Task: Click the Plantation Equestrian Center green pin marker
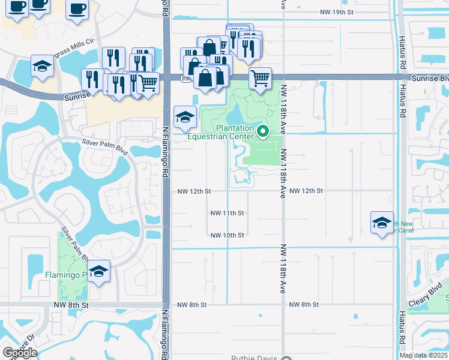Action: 262,131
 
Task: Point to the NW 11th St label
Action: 227,213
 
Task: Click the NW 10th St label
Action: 227,235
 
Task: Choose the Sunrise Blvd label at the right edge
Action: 430,79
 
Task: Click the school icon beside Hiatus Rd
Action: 382,223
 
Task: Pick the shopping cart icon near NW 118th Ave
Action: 260,78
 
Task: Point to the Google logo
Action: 20,353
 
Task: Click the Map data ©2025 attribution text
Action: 423,355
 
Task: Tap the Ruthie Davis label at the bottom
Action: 256,358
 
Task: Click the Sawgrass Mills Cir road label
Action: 73,46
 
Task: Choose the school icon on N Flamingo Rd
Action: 185,117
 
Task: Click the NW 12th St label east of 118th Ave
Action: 306,191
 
